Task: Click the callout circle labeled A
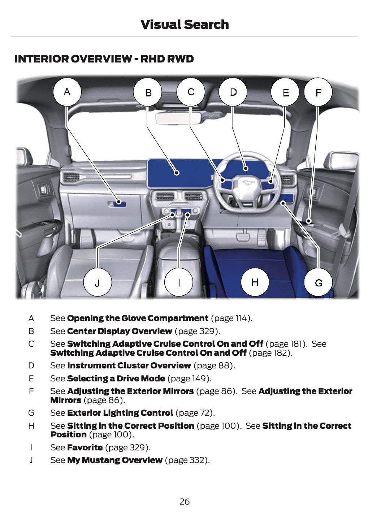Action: (67, 92)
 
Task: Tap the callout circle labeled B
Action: (148, 93)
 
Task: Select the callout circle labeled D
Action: (233, 92)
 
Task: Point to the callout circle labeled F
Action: (318, 93)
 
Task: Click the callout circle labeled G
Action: (319, 282)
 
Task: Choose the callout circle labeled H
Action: (255, 282)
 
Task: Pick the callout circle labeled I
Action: (179, 282)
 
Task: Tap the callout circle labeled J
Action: (98, 282)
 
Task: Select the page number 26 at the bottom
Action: (185, 501)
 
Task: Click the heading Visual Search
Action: (185, 25)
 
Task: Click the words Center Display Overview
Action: (120, 331)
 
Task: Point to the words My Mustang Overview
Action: (114, 460)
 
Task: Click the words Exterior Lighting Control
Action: (120, 413)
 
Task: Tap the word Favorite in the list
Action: (85, 448)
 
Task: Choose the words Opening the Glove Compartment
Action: (138, 318)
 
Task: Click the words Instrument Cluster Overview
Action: (129, 366)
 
